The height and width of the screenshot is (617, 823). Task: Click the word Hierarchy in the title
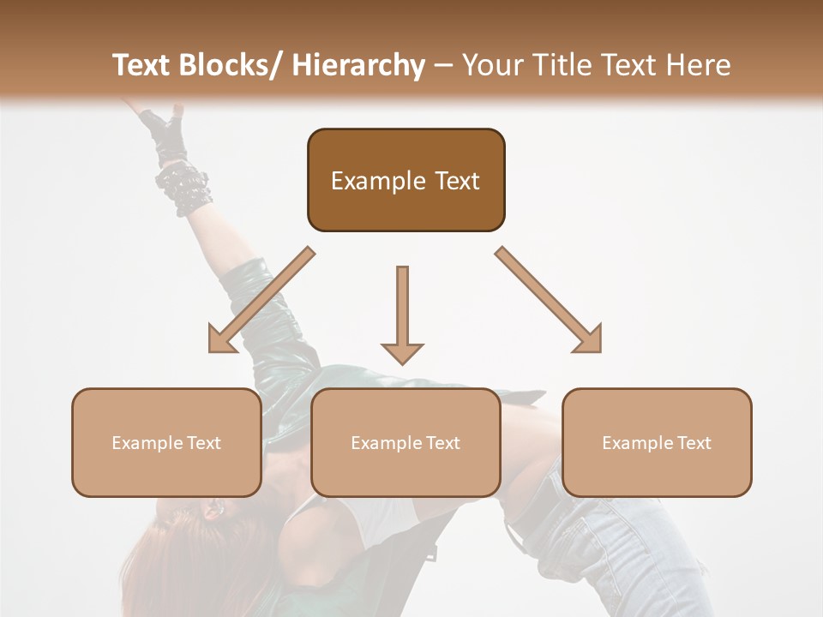click(x=357, y=65)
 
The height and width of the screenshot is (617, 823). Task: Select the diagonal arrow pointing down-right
click(x=549, y=300)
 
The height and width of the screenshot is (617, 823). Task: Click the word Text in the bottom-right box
click(x=693, y=443)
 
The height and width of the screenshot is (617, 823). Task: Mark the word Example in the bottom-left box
click(x=147, y=443)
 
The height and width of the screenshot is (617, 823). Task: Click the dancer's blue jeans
click(x=634, y=548)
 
